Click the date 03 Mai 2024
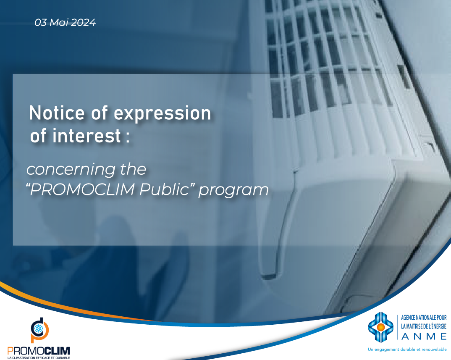tap(65, 22)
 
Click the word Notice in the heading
tap(57, 113)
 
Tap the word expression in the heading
tap(163, 114)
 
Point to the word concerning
tap(71, 169)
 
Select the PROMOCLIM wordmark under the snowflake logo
tap(39, 351)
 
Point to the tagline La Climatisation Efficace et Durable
tap(39, 358)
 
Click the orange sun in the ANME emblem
tap(380, 327)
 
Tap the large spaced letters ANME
tap(424, 336)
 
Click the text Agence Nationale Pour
tap(424, 318)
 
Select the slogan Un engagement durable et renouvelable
tap(407, 349)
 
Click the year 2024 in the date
tap(84, 22)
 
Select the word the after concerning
tap(133, 169)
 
